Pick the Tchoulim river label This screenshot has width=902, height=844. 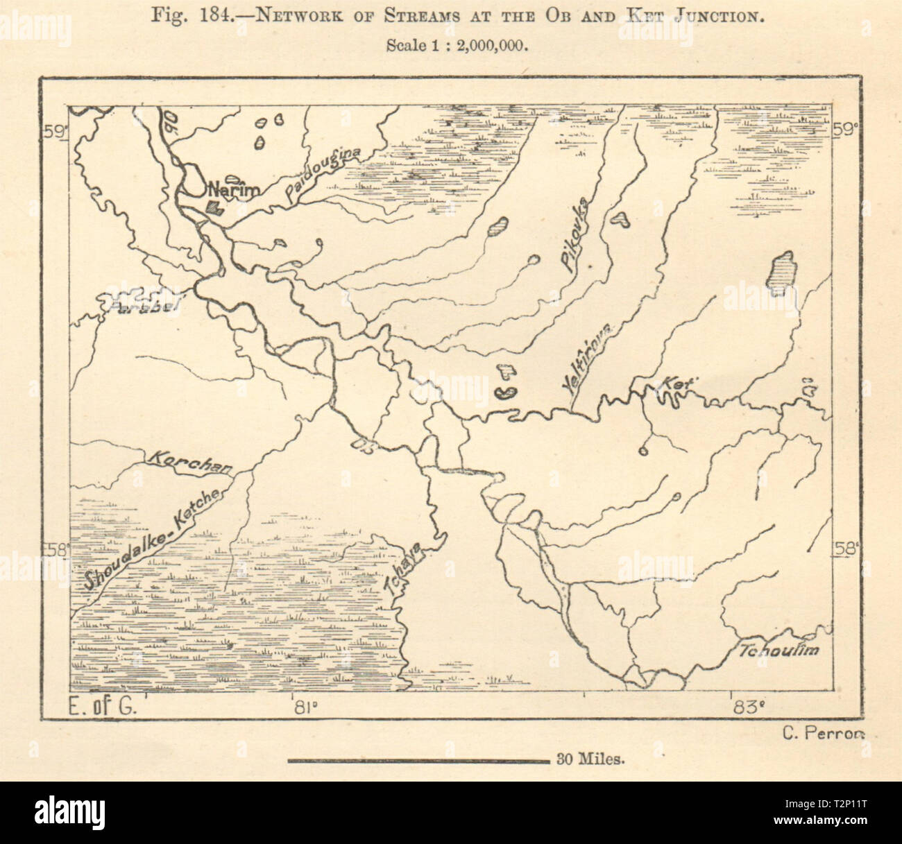point(779,651)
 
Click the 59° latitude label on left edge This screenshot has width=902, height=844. point(54,132)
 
